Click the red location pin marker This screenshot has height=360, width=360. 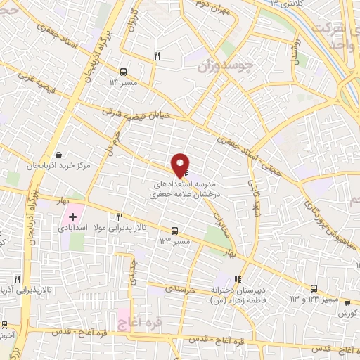click(x=181, y=165)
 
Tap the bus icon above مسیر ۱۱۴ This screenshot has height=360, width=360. click(x=124, y=72)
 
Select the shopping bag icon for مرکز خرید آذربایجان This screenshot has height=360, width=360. click(x=59, y=155)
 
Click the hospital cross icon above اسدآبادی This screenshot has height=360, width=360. click(x=72, y=216)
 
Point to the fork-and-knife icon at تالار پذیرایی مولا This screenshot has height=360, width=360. click(x=120, y=217)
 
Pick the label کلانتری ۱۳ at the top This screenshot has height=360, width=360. click(x=285, y=4)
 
